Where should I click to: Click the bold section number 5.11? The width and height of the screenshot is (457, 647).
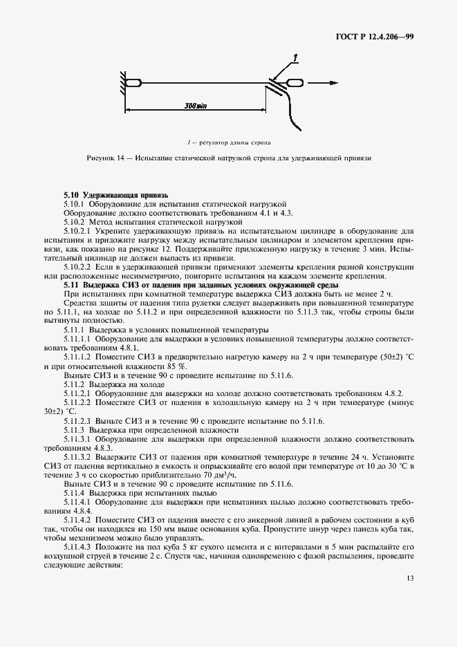72,285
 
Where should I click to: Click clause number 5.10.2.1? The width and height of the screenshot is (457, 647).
77,230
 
